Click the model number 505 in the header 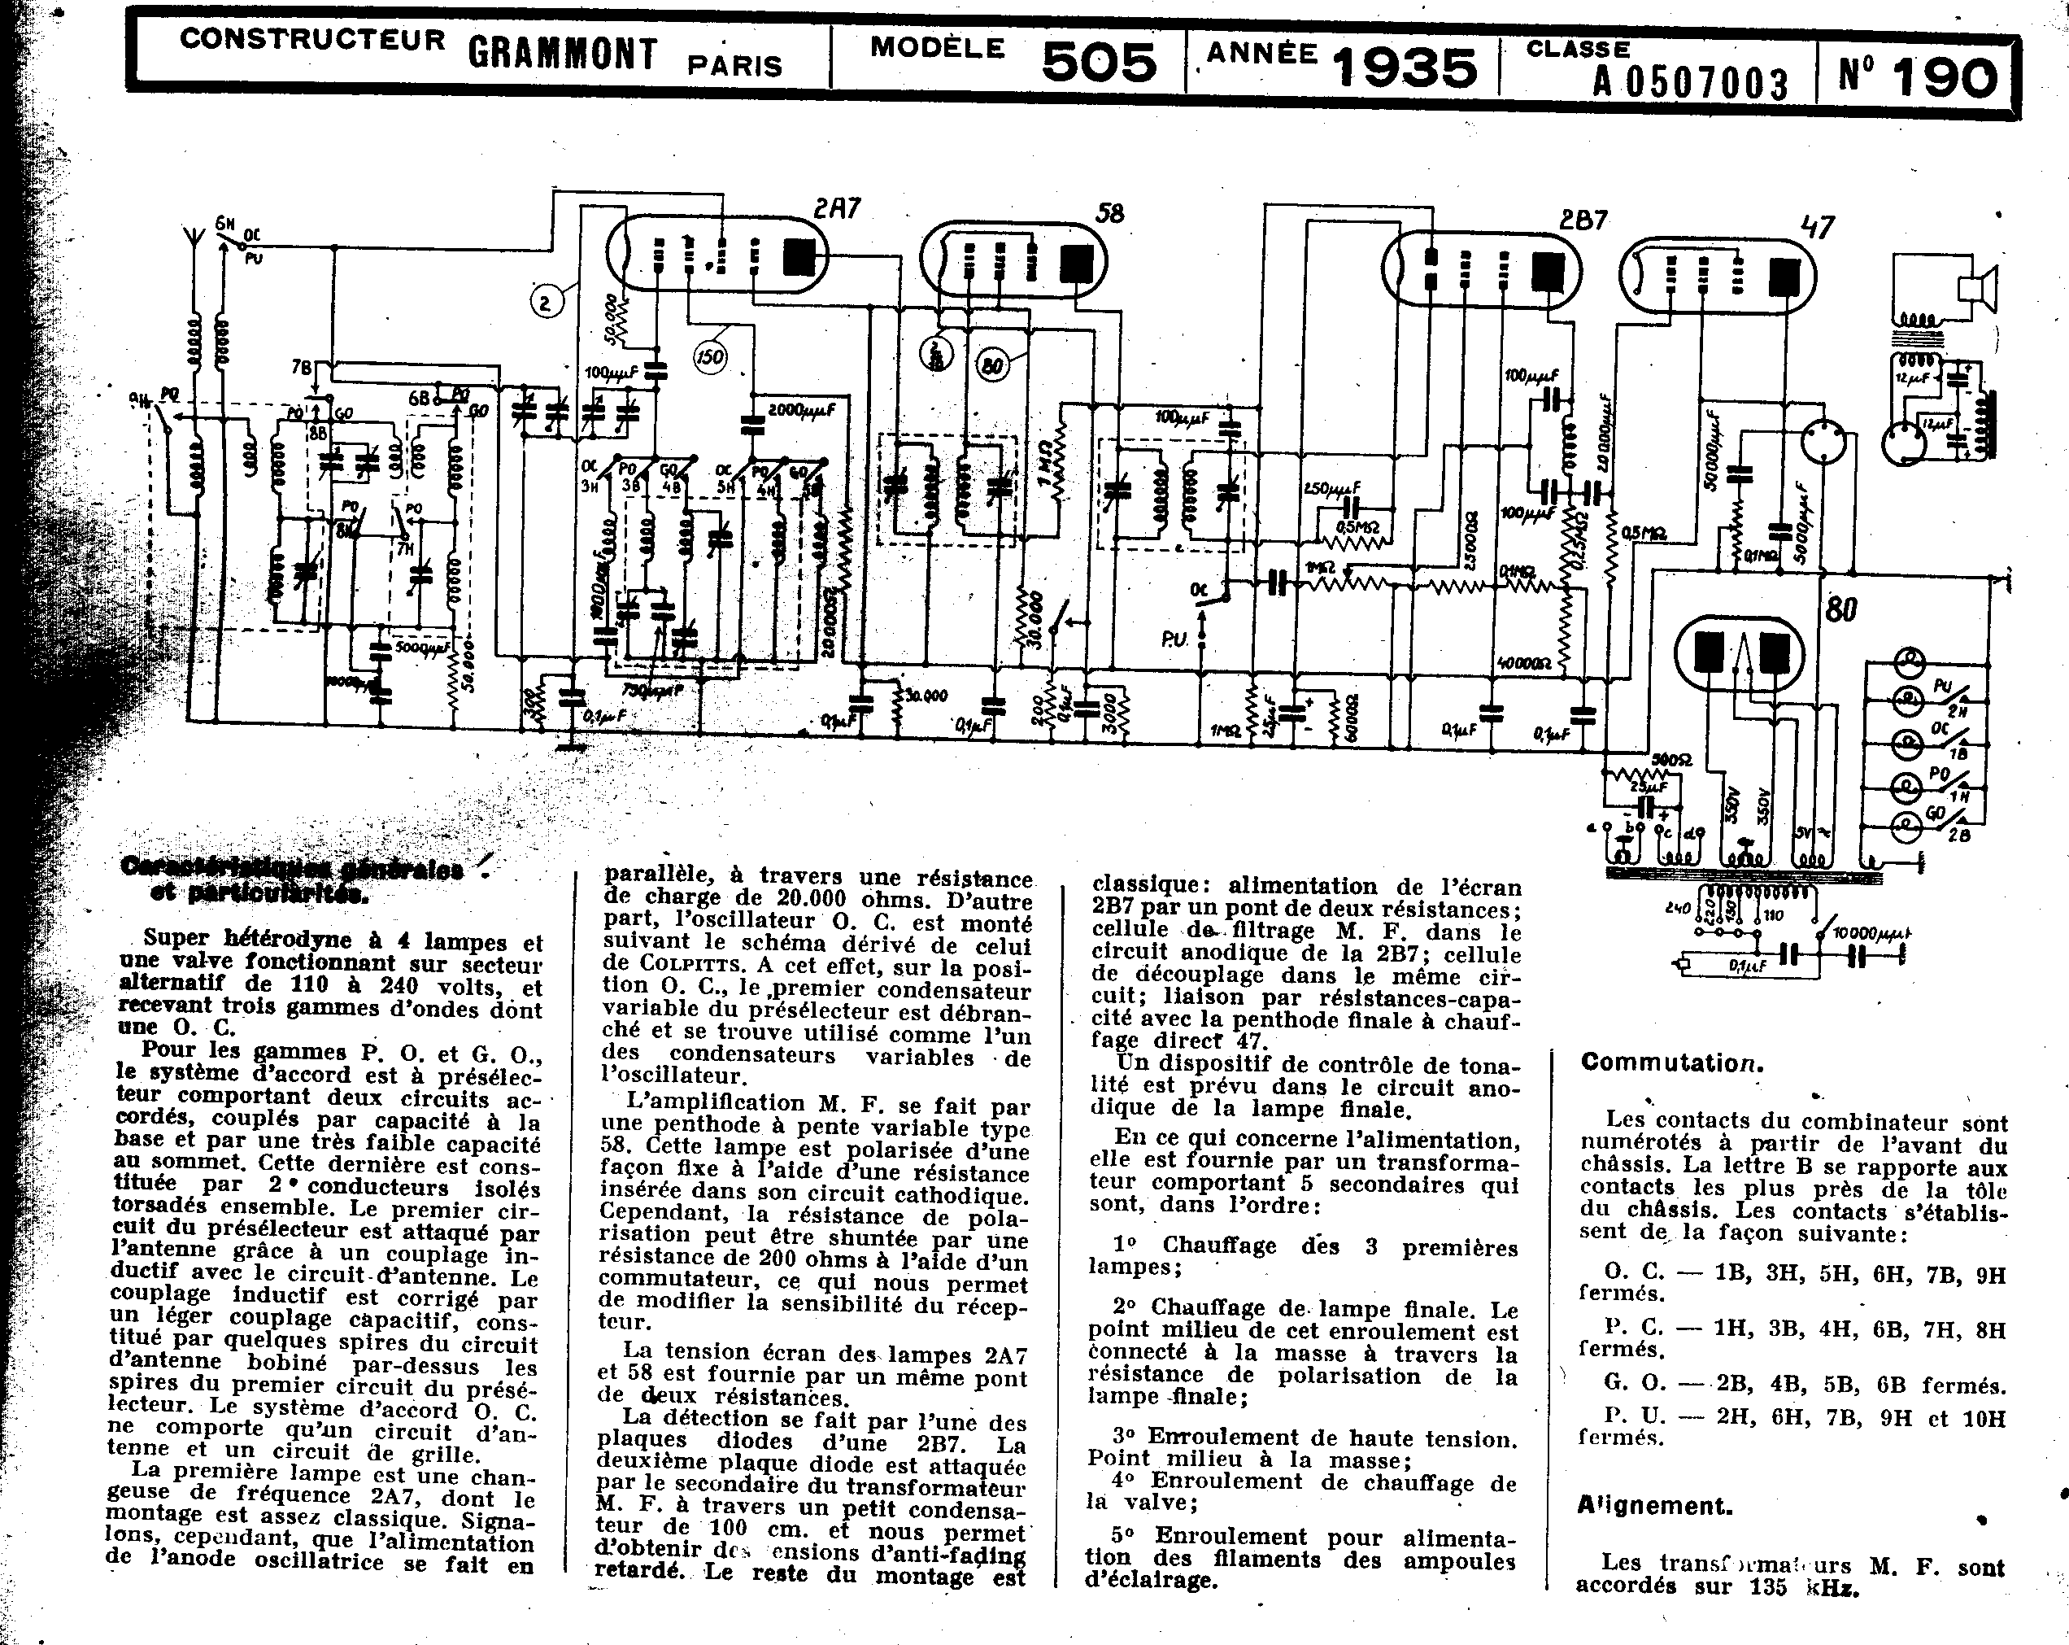point(1098,63)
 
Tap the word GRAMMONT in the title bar point(562,54)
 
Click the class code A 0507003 point(1690,85)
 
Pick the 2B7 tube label point(1583,220)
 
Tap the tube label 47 point(1818,228)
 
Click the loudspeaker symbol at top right point(1978,288)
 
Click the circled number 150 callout point(710,357)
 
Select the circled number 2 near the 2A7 point(545,303)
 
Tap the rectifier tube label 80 point(1840,609)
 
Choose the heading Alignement point(1654,1505)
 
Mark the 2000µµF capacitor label point(802,411)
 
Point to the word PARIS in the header point(734,65)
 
